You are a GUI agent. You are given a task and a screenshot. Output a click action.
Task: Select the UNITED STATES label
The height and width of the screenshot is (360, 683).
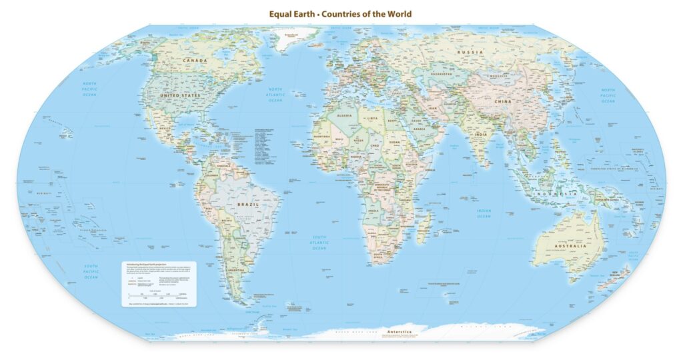(179, 96)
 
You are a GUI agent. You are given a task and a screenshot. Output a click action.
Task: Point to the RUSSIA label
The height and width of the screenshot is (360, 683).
(469, 51)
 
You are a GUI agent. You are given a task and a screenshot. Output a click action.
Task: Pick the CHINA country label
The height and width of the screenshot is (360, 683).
(502, 101)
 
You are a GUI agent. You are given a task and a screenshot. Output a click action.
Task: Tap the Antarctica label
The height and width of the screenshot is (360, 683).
(400, 331)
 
